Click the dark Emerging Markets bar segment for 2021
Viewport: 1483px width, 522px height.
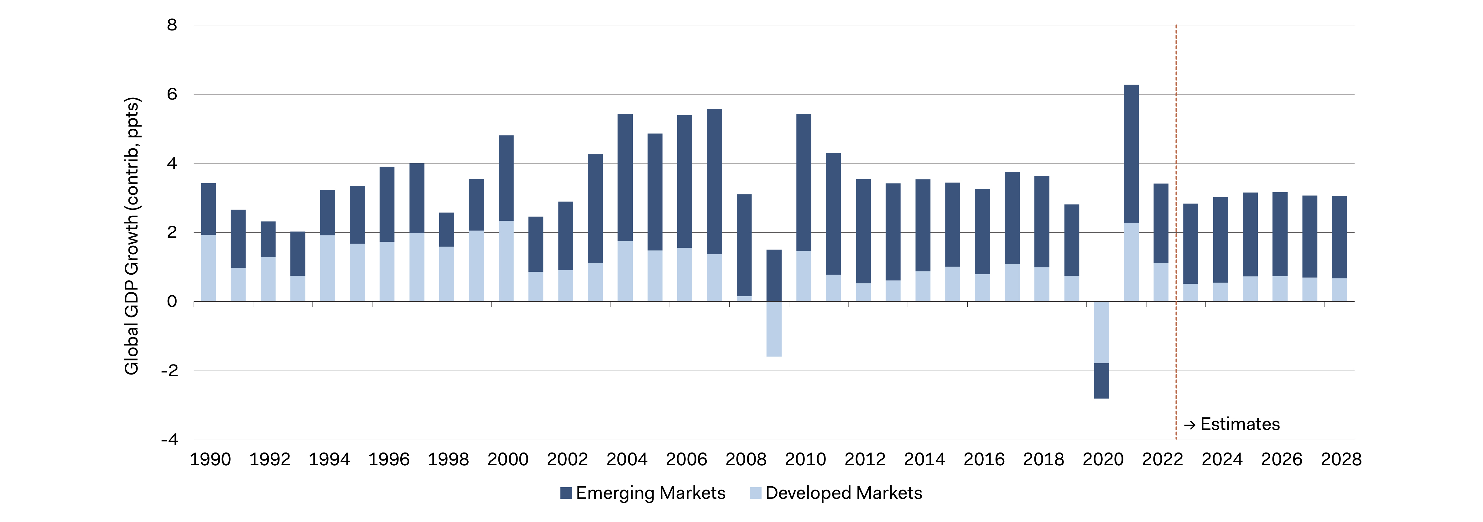[1131, 154]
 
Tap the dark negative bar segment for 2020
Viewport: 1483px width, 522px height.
[1101, 380]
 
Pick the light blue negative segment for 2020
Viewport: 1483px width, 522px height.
[1101, 332]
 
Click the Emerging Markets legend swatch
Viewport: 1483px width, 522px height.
[566, 493]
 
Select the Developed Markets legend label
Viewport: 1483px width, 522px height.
[843, 493]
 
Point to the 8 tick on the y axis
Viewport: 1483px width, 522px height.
[172, 25]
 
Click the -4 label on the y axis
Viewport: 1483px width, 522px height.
[170, 440]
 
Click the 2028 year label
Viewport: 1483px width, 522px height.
[1341, 459]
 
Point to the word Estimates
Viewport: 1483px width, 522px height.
[1240, 424]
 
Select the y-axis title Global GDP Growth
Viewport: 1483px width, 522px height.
[132, 236]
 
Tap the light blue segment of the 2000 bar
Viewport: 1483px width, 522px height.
[506, 261]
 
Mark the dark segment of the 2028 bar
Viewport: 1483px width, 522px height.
[1339, 237]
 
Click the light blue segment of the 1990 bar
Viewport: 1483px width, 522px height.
[208, 268]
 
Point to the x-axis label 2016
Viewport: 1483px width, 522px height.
[984, 459]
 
